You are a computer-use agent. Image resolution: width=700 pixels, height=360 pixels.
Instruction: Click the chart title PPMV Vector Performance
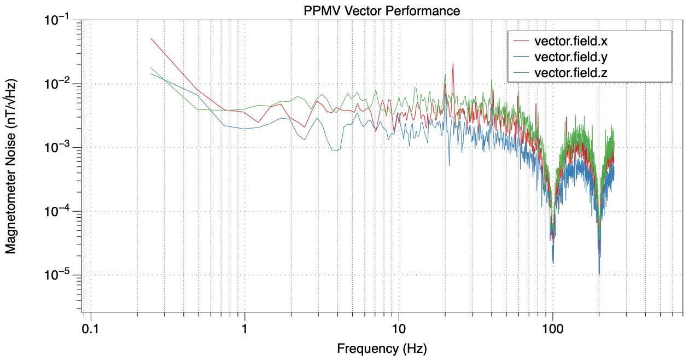tap(382, 10)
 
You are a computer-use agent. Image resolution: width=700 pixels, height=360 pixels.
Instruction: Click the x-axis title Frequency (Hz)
tap(382, 348)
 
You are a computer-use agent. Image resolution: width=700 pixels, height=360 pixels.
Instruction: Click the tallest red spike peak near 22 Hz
tap(453, 63)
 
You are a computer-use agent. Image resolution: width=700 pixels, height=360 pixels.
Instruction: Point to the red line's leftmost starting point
tap(151, 38)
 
